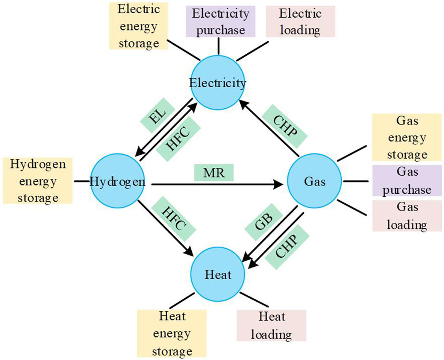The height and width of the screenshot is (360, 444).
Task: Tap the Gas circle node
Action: (314, 182)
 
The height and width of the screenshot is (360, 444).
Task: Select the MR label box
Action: (214, 173)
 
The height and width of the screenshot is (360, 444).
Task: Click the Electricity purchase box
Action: (218, 22)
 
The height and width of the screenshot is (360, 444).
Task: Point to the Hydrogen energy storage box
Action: (36, 181)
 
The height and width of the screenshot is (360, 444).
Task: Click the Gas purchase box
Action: (407, 181)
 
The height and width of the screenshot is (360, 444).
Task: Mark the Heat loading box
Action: (271, 325)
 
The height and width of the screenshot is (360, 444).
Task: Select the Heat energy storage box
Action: (172, 333)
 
